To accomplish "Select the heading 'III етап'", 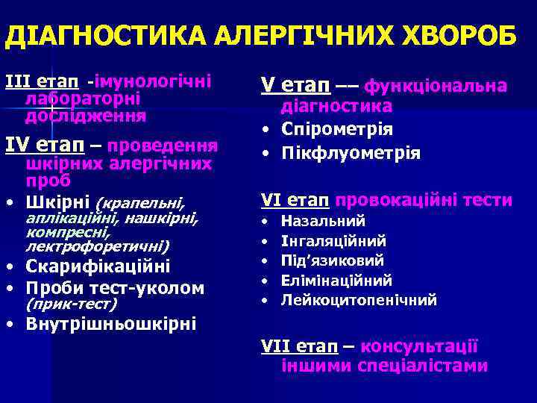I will (x=42, y=80).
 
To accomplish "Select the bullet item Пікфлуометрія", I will (x=351, y=153).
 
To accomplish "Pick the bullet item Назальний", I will (x=323, y=221).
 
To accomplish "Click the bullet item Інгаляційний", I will (x=333, y=240).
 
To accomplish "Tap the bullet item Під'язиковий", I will (x=333, y=260).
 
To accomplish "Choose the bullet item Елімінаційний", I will (x=336, y=281).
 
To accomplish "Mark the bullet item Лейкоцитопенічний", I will (x=359, y=300).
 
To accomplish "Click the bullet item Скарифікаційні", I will (x=98, y=266).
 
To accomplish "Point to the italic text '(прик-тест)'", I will (x=72, y=304).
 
